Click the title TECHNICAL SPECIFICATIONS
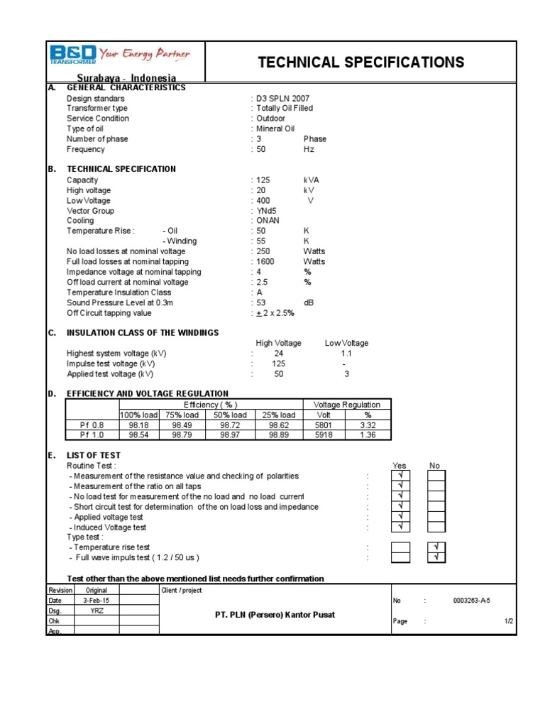click(361, 62)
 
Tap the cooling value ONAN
click(268, 221)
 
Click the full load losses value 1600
click(267, 262)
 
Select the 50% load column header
click(230, 415)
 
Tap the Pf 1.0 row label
click(92, 435)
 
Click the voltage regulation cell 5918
click(324, 435)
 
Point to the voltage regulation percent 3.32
click(368, 425)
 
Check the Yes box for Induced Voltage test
click(401, 526)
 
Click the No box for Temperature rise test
click(436, 547)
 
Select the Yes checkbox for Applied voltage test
click(401, 516)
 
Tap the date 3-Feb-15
click(97, 601)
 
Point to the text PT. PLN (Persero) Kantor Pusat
click(274, 614)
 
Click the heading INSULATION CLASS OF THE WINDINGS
click(143, 333)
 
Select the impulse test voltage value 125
click(278, 363)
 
